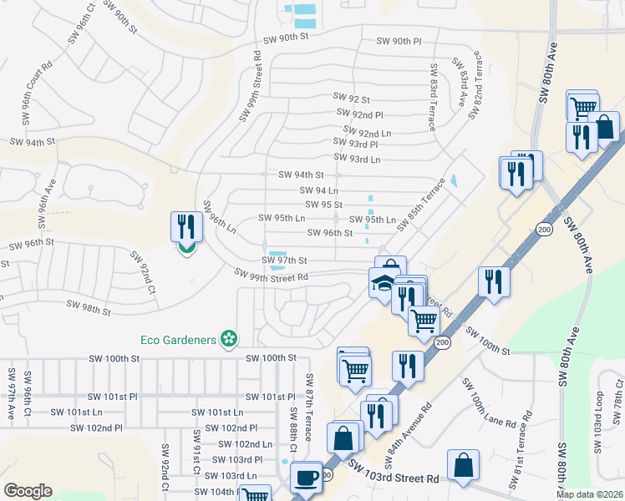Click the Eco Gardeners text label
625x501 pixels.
[x=177, y=339]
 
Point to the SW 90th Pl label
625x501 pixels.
[x=399, y=41]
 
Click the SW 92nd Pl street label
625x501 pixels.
[x=359, y=113]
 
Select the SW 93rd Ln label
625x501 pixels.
[x=356, y=159]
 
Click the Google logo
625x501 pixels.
[x=28, y=491]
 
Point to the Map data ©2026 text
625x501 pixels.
[x=589, y=494]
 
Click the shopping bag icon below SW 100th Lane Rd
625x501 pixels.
[x=463, y=466]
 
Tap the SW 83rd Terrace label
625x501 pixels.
[x=433, y=98]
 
